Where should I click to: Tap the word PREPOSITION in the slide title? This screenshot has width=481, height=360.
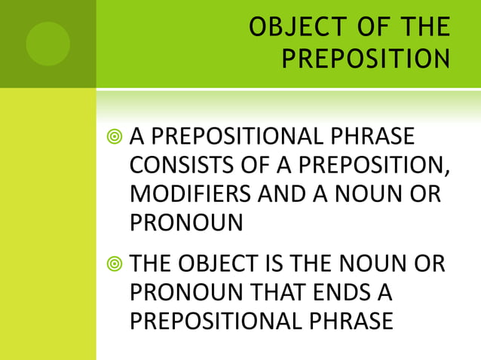point(366,58)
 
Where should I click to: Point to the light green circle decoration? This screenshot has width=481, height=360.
point(47,43)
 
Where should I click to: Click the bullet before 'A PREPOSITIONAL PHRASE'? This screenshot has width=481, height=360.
point(115,137)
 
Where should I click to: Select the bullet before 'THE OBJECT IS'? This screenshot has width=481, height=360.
point(115,266)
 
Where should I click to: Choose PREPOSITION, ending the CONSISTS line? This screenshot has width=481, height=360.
point(362,164)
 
